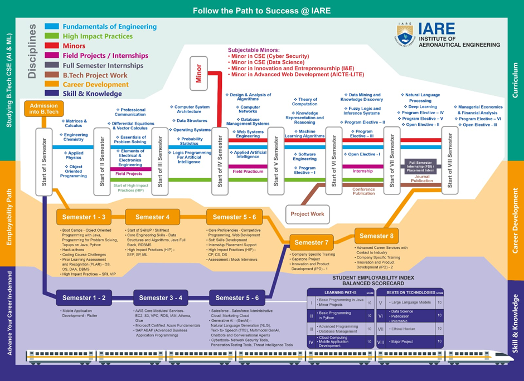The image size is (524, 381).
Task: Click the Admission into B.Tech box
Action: tap(43, 109)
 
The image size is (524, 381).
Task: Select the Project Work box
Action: tap(307, 214)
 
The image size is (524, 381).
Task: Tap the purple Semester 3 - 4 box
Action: tap(160, 298)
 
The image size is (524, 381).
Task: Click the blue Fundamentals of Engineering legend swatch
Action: tap(52, 27)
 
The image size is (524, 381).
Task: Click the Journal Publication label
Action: tap(422, 178)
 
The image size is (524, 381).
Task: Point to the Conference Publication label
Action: tap(363, 190)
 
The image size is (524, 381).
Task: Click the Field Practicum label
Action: tap(248, 172)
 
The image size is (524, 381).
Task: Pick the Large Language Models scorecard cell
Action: tap(411, 302)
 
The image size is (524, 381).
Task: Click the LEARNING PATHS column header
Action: tap(340, 292)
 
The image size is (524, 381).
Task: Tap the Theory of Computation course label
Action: tap(304, 101)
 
